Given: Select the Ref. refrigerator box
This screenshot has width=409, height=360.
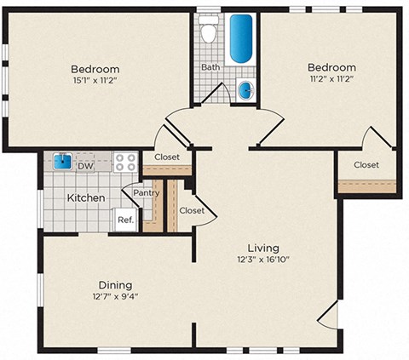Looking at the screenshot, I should coord(124,220).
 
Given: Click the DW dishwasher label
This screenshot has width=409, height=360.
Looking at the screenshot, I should coord(85,167).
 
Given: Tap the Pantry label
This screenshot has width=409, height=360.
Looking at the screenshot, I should coord(147,192).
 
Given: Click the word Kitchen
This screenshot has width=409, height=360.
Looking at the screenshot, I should coord(86,198).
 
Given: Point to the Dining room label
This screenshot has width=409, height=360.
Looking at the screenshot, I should coord(114,284).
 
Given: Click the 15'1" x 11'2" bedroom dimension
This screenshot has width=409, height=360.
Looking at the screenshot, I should coord(94,79).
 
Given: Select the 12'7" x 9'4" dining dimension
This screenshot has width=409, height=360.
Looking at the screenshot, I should coord(114,296).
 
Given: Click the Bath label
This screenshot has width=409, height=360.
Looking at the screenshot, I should coord(210,66).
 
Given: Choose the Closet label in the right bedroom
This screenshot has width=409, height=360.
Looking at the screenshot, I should coord(366,165).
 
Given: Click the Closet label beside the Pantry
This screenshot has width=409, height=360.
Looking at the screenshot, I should coord(192,210).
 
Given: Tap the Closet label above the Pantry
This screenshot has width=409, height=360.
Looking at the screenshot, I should coord(166,157).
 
